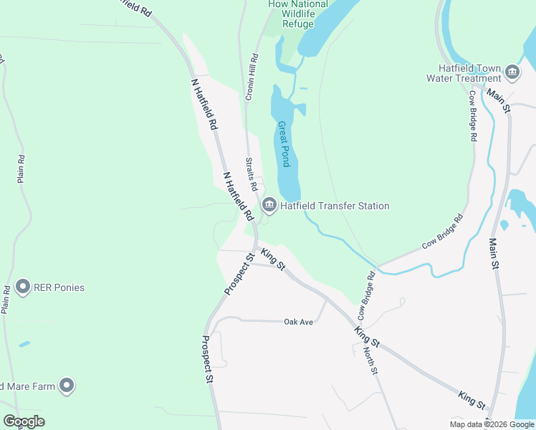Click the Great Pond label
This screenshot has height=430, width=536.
point(284,143)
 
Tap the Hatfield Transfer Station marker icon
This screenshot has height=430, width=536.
point(269,206)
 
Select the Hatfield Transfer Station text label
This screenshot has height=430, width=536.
point(335,206)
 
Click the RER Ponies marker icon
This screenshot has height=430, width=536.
point(22,287)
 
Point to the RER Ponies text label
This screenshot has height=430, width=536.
point(59,288)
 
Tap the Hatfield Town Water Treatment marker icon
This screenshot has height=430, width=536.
point(512,71)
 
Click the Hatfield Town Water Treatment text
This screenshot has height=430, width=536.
point(464,73)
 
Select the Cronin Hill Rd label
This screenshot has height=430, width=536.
point(252,77)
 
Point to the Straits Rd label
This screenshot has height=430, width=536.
point(252,174)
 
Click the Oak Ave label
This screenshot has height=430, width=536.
point(299,322)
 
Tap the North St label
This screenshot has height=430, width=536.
point(370,360)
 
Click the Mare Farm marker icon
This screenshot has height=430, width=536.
point(67,386)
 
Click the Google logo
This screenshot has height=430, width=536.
point(24,421)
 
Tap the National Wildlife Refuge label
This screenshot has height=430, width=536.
point(298,14)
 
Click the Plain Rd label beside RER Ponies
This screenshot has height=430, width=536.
point(6,300)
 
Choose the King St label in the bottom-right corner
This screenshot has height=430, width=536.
point(472,400)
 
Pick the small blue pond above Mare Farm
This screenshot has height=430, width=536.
point(24,345)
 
